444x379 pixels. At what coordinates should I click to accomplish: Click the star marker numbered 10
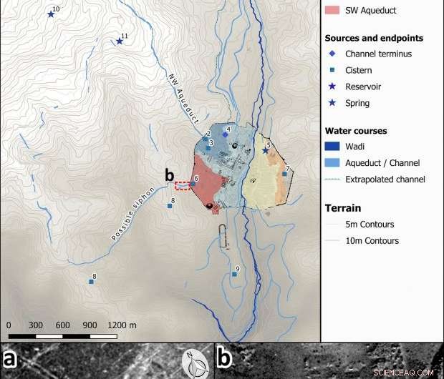[x=51, y=14]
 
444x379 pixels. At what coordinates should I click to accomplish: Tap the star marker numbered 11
[x=120, y=41]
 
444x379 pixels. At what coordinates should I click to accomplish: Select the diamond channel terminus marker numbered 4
[x=225, y=134]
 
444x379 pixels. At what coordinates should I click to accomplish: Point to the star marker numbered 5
[x=265, y=150]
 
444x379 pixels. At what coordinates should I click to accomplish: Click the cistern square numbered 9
[x=234, y=274]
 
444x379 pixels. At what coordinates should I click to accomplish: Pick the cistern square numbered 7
[x=284, y=174]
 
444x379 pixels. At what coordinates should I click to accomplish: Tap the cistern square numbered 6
[x=193, y=184]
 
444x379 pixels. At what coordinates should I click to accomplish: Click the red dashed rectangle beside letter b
[x=182, y=186]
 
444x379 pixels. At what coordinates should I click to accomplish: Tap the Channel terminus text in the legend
[x=378, y=54]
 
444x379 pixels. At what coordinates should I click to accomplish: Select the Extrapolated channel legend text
[x=385, y=179]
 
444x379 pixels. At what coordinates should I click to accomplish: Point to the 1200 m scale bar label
[x=121, y=325]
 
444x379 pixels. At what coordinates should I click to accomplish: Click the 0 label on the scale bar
[x=9, y=325]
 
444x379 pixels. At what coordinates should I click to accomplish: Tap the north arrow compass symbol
[x=196, y=363]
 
